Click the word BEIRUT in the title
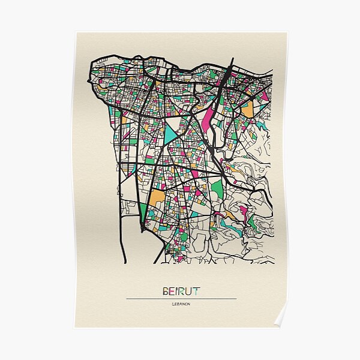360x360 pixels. pos(181,292)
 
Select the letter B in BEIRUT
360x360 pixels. pos(166,292)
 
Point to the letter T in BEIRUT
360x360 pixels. pos(196,292)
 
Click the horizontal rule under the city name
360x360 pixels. pos(181,299)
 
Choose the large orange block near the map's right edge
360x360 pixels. pos(247,109)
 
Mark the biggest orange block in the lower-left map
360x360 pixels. pos(157,197)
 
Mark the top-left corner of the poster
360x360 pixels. pos(76,34)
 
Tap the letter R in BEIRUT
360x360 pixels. pos(181,292)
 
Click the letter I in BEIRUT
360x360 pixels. pos(176,292)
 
